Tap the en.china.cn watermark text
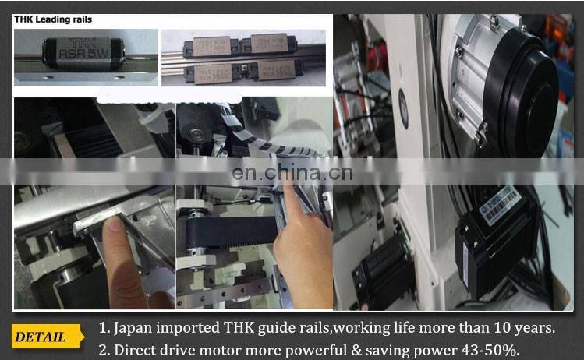tap(292, 172)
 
